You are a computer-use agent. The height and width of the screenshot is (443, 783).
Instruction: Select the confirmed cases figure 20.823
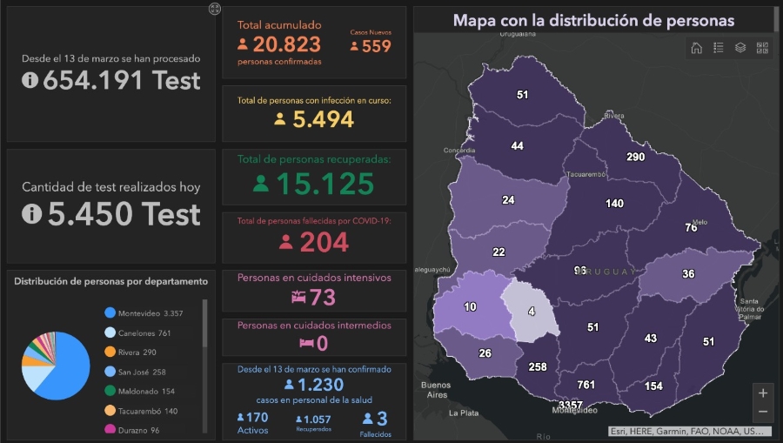click(x=287, y=44)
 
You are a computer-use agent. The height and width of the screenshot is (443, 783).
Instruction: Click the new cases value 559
click(x=377, y=46)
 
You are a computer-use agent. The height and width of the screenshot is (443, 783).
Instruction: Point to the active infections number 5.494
click(x=323, y=119)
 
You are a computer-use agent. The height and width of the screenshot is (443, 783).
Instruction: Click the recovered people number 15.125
click(x=325, y=184)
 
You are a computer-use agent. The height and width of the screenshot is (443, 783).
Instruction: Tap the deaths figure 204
click(x=325, y=243)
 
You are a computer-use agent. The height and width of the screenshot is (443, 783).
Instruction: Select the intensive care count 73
click(x=322, y=297)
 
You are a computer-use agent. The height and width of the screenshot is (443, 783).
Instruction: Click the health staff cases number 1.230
click(x=320, y=385)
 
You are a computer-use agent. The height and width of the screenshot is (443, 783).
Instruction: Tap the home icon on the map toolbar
click(x=697, y=48)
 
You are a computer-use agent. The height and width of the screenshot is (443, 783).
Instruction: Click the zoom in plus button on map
click(x=762, y=393)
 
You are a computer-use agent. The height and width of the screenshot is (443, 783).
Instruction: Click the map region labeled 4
click(x=531, y=310)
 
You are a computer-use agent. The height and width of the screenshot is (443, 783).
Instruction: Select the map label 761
click(x=586, y=385)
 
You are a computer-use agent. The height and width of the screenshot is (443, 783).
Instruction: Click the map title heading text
click(x=593, y=20)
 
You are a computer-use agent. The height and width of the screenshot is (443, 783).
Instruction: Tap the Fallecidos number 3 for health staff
click(x=381, y=419)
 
